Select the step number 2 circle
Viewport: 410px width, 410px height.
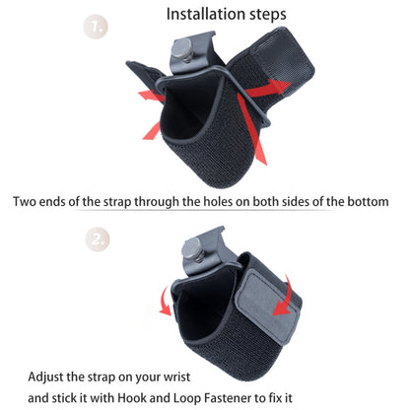click(x=124, y=239)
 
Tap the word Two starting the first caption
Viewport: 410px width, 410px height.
click(x=27, y=202)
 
